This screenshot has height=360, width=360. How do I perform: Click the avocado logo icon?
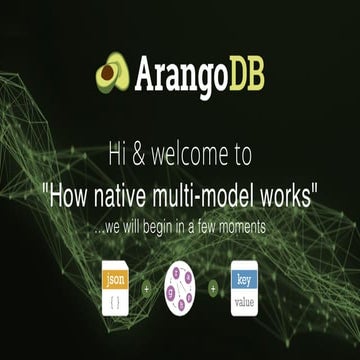point(113,72)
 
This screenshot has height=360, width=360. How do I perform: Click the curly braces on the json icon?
point(116,298)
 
